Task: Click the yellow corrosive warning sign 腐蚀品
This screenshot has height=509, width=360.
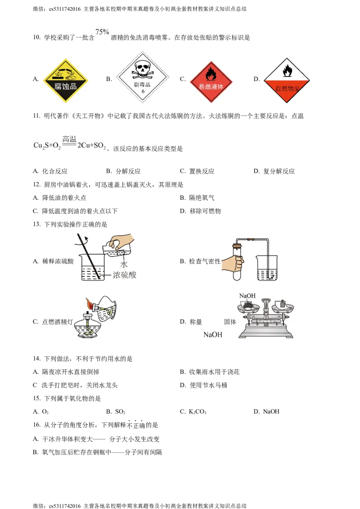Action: click(66, 80)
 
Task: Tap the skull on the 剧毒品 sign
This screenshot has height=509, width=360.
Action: click(143, 69)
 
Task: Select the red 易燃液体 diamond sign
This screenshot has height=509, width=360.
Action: click(211, 82)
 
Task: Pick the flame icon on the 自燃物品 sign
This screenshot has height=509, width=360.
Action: click(287, 70)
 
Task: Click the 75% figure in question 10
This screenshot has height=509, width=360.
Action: click(102, 32)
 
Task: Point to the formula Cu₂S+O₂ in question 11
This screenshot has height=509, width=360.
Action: click(47, 146)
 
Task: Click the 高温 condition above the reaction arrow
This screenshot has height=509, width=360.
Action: click(69, 139)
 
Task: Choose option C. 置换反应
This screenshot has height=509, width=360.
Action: click(197, 171)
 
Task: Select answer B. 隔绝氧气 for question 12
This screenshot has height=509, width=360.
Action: click(197, 198)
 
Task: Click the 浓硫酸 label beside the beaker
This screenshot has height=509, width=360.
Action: click(125, 275)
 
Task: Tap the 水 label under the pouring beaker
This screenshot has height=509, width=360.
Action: click(123, 264)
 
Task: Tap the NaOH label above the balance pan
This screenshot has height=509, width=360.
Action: click(247, 296)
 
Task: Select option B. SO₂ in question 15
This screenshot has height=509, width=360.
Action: click(116, 411)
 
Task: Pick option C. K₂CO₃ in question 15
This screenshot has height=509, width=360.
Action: click(193, 411)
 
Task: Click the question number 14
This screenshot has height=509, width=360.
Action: click(37, 358)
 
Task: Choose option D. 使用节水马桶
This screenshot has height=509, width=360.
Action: click(204, 385)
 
